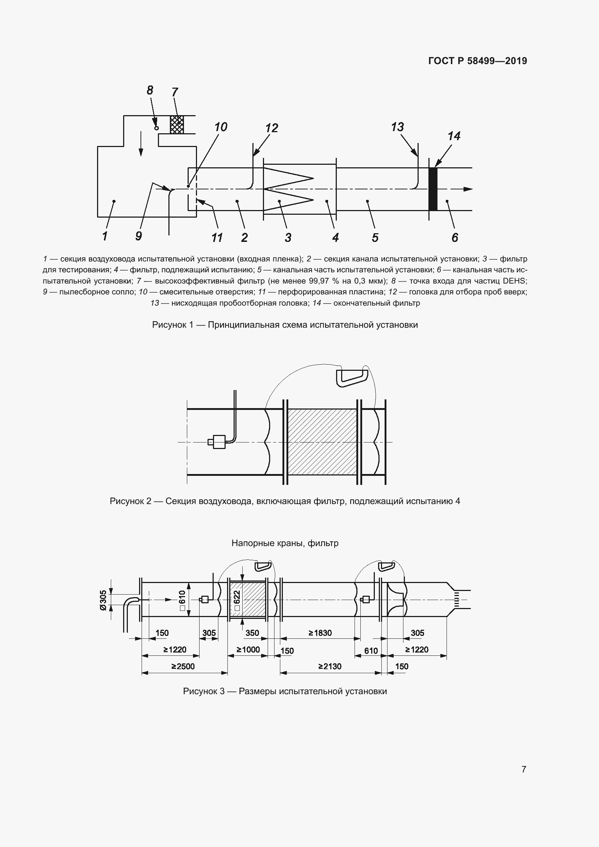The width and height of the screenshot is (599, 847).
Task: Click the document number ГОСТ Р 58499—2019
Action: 478,61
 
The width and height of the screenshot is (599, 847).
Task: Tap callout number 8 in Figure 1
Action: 150,90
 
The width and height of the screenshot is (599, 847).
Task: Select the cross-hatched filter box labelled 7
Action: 177,124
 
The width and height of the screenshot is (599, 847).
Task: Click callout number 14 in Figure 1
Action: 454,136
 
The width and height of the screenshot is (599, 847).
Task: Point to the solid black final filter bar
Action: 433,189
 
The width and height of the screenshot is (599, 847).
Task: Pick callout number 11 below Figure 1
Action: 217,237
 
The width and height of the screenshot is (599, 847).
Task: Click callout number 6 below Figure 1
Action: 455,237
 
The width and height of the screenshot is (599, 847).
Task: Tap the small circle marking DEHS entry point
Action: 156,127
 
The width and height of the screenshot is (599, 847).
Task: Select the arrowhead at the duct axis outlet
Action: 468,189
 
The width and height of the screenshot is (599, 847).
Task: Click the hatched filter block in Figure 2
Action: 322,441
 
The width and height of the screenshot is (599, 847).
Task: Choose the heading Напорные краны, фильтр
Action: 285,543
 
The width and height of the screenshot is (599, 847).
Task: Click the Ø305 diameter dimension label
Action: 103,600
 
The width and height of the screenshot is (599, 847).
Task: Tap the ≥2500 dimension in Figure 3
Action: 183,666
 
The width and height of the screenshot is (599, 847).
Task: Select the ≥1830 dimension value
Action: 320,633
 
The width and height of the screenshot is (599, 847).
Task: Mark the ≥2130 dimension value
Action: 330,666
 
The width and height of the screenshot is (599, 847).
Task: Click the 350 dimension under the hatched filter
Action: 252,633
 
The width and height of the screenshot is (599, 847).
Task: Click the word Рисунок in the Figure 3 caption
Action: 201,691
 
